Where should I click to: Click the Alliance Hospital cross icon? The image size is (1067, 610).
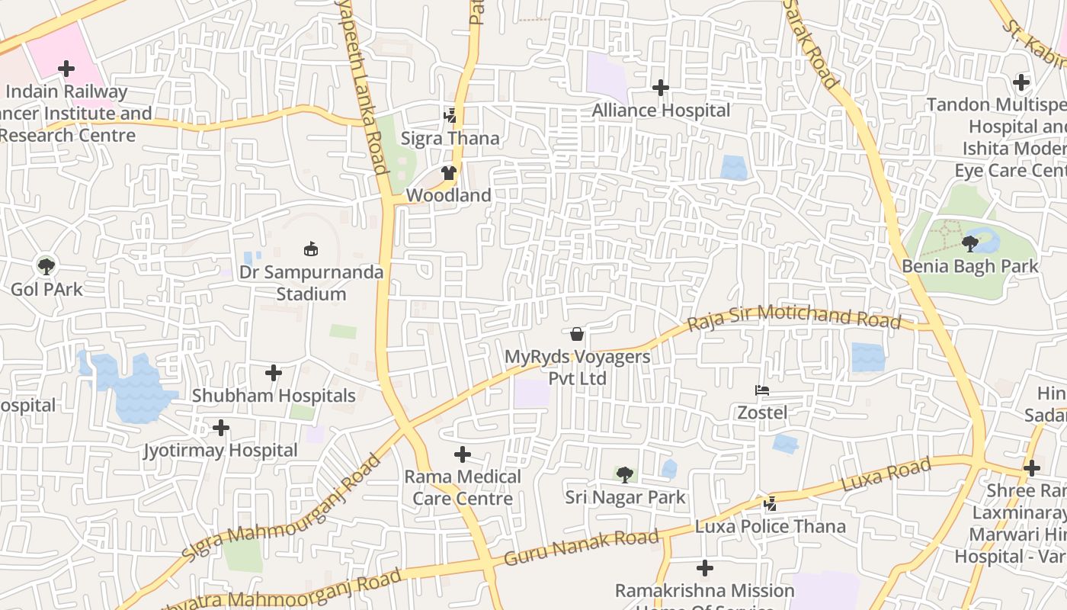click(x=661, y=88)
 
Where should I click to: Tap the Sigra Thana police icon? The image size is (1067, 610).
click(x=450, y=116)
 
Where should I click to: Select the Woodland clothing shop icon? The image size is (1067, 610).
click(x=448, y=173)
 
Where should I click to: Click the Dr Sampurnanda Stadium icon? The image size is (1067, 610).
click(x=311, y=249)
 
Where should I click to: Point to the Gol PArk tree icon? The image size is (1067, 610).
click(x=46, y=266)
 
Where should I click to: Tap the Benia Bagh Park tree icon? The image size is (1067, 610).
click(x=969, y=244)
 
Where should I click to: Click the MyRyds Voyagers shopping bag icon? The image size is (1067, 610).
click(x=577, y=334)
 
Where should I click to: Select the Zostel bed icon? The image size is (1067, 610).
click(x=761, y=390)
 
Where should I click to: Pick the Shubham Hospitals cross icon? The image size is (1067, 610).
click(x=274, y=373)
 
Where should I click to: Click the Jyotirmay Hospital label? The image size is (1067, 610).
click(x=220, y=451)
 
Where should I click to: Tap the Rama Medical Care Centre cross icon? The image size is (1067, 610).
click(x=462, y=455)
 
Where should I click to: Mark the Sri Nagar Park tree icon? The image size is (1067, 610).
click(x=624, y=475)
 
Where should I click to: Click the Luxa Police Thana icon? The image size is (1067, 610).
click(x=770, y=504)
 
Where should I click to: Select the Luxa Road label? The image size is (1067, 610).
click(x=886, y=475)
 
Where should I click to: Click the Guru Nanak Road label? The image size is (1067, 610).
click(x=581, y=547)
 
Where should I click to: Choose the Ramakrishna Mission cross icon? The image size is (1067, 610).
click(x=705, y=568)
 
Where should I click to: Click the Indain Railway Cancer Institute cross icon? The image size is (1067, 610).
click(x=66, y=69)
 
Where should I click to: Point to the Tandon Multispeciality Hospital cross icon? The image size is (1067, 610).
click(x=1021, y=82)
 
